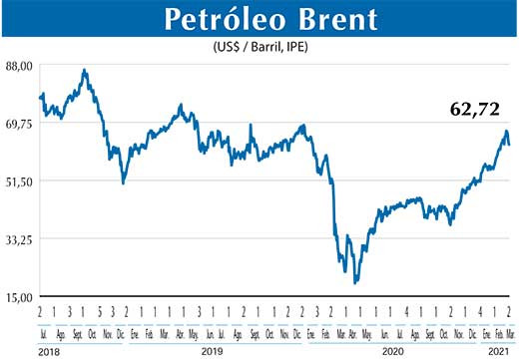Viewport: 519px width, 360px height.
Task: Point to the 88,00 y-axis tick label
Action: click(x=20, y=66)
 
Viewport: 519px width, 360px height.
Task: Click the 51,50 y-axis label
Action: click(x=20, y=181)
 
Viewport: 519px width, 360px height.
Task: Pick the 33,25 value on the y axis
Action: click(x=20, y=239)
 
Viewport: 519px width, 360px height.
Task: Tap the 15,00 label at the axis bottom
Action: click(x=20, y=297)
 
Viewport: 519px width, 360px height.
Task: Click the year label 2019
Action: click(x=211, y=351)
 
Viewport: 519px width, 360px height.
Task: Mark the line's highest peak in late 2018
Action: click(x=85, y=71)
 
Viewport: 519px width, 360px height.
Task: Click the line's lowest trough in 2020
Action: click(x=355, y=282)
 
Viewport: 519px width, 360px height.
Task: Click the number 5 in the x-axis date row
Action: click(x=102, y=310)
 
